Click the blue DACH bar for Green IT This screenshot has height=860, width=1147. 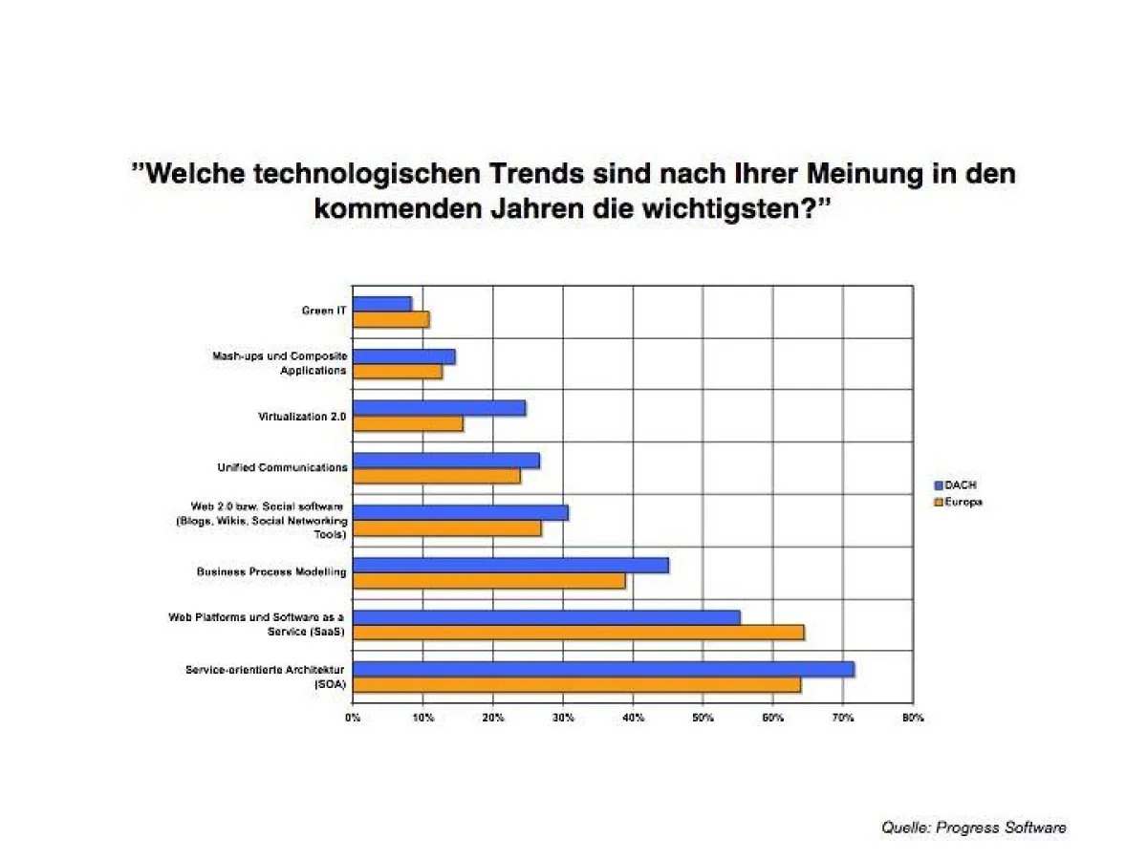click(382, 304)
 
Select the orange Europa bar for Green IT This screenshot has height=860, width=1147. click(391, 319)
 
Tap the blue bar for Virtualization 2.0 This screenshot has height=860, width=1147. click(439, 408)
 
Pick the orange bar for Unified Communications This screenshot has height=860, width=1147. click(437, 476)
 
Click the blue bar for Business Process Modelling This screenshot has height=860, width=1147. click(510, 565)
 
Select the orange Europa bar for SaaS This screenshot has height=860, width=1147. click(578, 632)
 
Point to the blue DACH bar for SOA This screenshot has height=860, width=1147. click(603, 669)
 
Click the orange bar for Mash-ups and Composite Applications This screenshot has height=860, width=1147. click(398, 372)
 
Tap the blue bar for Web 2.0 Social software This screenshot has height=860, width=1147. click(461, 512)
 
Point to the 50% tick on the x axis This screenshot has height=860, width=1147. click(703, 718)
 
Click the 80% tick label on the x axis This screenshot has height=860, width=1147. click(913, 718)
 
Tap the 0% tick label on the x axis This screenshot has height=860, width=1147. click(353, 718)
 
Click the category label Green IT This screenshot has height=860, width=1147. click(324, 311)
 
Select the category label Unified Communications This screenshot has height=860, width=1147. click(282, 468)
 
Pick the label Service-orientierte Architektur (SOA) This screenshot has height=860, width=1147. click(265, 677)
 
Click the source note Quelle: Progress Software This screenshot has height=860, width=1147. click(973, 828)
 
